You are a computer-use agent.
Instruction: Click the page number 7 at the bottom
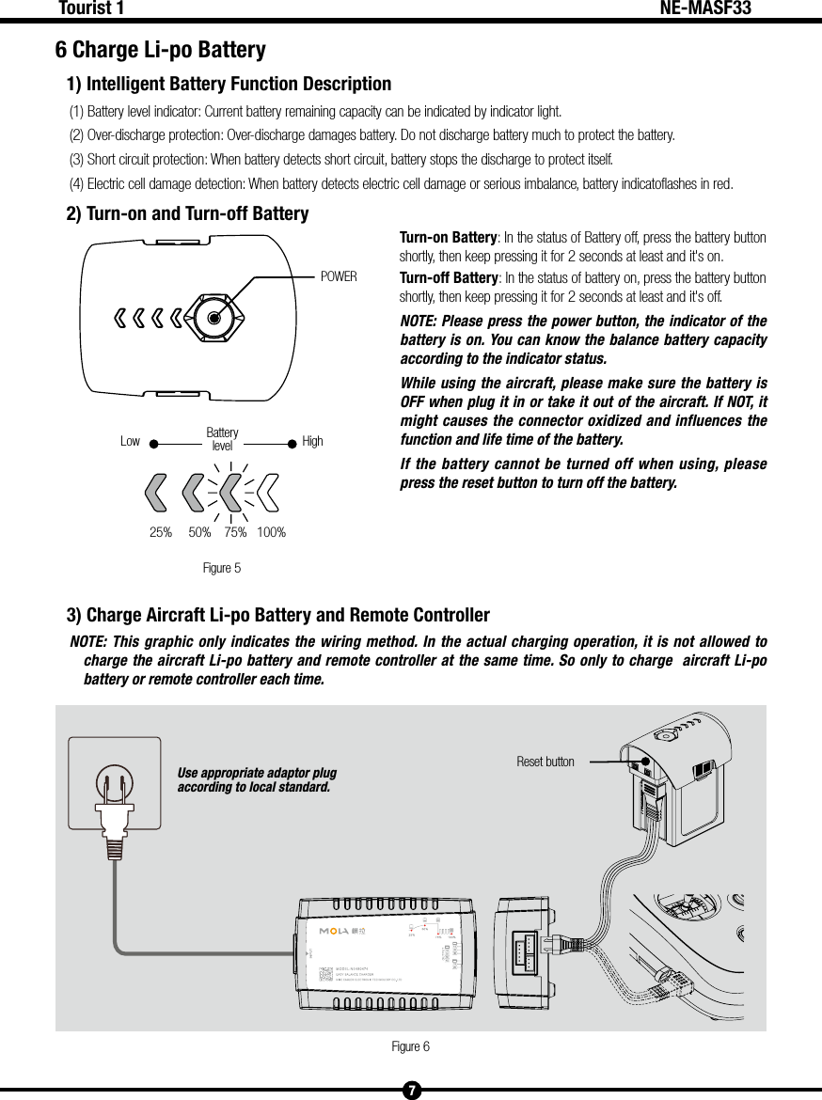point(411,1091)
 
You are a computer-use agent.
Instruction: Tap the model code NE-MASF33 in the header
point(705,9)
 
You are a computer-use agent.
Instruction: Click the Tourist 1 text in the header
point(91,9)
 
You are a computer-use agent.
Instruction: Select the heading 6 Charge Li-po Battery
point(160,49)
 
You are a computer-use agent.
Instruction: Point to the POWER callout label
point(339,277)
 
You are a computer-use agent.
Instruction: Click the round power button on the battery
point(214,317)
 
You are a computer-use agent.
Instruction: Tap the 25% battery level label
point(161,533)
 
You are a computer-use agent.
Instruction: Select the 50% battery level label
point(199,533)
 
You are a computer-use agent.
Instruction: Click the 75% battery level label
point(235,533)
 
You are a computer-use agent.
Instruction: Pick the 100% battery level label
point(271,533)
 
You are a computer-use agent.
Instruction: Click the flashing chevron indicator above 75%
point(231,490)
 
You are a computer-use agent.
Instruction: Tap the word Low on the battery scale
point(130,441)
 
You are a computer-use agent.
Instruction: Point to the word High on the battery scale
point(312,441)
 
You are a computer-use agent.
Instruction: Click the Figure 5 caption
point(222,568)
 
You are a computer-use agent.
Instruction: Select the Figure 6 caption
point(410,1046)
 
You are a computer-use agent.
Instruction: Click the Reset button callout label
point(545,762)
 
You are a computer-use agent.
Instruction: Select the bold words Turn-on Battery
point(449,236)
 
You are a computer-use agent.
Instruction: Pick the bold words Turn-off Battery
point(449,278)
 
